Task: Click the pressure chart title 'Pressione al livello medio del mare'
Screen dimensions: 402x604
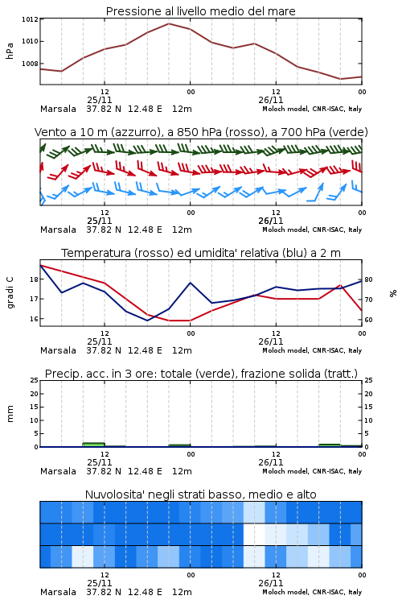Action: click(x=200, y=11)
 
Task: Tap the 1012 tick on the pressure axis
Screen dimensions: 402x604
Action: click(x=30, y=19)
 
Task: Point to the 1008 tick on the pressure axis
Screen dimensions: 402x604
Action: click(x=30, y=64)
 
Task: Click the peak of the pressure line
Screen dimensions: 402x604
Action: click(x=169, y=23)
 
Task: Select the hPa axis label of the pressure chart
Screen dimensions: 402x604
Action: click(x=10, y=51)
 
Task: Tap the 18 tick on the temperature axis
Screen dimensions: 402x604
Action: click(x=34, y=279)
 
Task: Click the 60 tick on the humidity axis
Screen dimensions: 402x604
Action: click(x=368, y=320)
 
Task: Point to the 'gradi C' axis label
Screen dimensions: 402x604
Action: click(x=10, y=292)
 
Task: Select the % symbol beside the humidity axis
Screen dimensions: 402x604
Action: click(x=393, y=293)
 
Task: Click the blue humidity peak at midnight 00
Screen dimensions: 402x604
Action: click(x=191, y=283)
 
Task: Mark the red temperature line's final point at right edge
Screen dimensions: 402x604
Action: click(x=362, y=310)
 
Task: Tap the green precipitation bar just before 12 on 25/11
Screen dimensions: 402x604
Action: click(x=93, y=445)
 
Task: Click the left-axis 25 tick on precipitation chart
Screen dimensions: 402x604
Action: click(x=35, y=380)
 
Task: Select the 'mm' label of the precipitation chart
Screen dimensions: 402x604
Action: click(x=10, y=414)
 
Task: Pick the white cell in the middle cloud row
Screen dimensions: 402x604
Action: click(x=254, y=534)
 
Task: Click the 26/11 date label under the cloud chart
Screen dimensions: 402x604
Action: click(x=271, y=583)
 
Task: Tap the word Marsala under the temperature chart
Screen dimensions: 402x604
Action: click(x=58, y=350)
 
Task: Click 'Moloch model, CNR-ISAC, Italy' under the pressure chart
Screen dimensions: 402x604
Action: click(x=312, y=109)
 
